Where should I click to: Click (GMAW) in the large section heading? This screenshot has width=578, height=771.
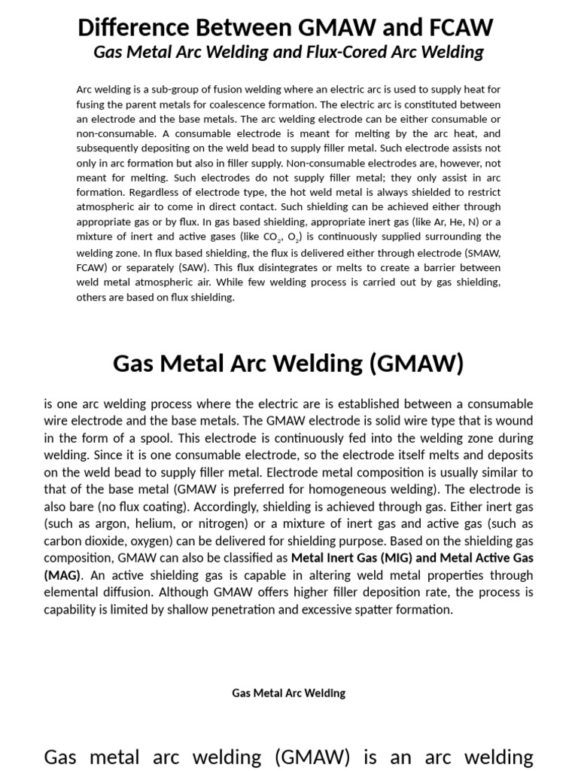(416, 363)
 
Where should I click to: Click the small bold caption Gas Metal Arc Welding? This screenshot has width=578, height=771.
(288, 693)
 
